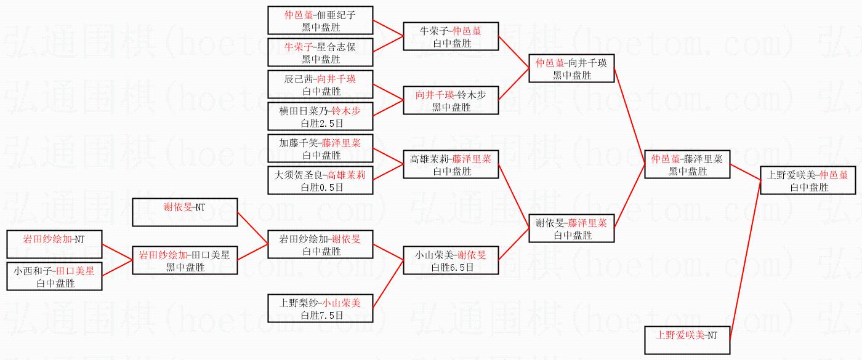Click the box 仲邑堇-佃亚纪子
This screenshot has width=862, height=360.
point(320,20)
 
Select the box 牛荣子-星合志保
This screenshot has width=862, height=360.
point(320,52)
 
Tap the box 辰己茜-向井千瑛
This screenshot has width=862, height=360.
point(320,85)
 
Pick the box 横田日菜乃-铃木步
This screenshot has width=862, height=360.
point(320,117)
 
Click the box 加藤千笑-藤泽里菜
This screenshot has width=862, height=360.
point(320,149)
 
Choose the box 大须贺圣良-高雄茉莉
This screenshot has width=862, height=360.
point(320,181)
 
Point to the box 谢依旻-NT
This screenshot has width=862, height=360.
point(185,212)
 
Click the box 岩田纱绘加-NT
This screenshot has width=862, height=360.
point(54,244)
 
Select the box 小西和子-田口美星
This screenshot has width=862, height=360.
point(54,276)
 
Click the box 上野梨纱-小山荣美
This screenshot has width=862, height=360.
point(320,308)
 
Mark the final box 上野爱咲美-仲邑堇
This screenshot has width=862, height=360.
point(808,180)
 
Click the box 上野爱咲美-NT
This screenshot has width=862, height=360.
point(687,340)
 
